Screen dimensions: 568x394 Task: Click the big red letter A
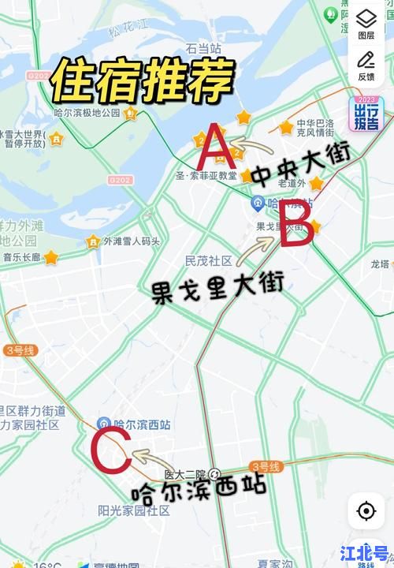click(x=214, y=147)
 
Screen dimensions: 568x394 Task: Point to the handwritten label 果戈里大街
click(x=217, y=291)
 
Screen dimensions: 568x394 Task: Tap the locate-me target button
click(x=366, y=510)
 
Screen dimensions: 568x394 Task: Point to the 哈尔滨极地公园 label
click(x=87, y=114)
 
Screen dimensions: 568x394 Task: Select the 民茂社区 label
click(x=208, y=260)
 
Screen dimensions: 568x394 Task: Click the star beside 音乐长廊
click(x=51, y=257)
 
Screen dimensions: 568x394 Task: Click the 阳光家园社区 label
click(x=134, y=510)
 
